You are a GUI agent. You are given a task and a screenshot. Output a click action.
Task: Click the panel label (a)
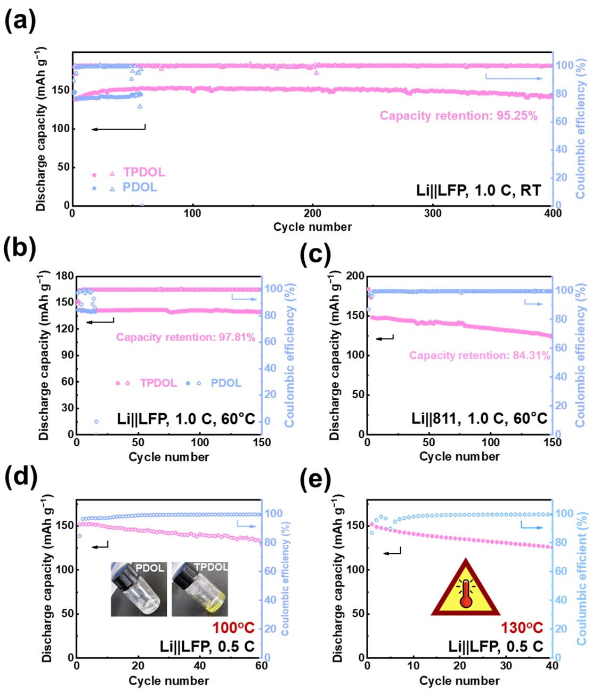point(20,22)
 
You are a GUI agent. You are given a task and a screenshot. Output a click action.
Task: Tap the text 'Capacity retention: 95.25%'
point(458,116)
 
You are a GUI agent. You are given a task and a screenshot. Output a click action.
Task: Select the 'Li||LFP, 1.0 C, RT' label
point(479,190)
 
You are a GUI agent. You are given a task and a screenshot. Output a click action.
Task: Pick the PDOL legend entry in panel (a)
point(140,188)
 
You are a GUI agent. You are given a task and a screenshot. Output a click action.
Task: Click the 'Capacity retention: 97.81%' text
point(185,337)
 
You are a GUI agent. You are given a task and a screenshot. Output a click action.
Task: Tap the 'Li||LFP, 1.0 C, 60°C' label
point(186,418)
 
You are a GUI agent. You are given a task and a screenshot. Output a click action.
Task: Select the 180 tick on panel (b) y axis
point(64,276)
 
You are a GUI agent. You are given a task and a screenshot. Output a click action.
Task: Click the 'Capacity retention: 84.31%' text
point(480,356)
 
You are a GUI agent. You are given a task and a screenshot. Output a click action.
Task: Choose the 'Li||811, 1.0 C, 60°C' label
point(479,418)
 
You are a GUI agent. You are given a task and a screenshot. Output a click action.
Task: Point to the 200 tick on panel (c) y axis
point(355,276)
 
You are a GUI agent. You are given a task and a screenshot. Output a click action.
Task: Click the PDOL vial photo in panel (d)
point(139,589)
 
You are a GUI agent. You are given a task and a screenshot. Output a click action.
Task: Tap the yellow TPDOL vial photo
point(200,589)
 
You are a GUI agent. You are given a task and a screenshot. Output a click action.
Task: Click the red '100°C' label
point(233,628)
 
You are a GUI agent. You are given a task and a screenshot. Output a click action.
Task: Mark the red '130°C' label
point(522,628)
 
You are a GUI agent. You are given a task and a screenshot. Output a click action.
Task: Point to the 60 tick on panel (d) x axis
point(261,666)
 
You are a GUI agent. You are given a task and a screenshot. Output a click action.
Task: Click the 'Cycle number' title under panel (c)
point(459,457)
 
